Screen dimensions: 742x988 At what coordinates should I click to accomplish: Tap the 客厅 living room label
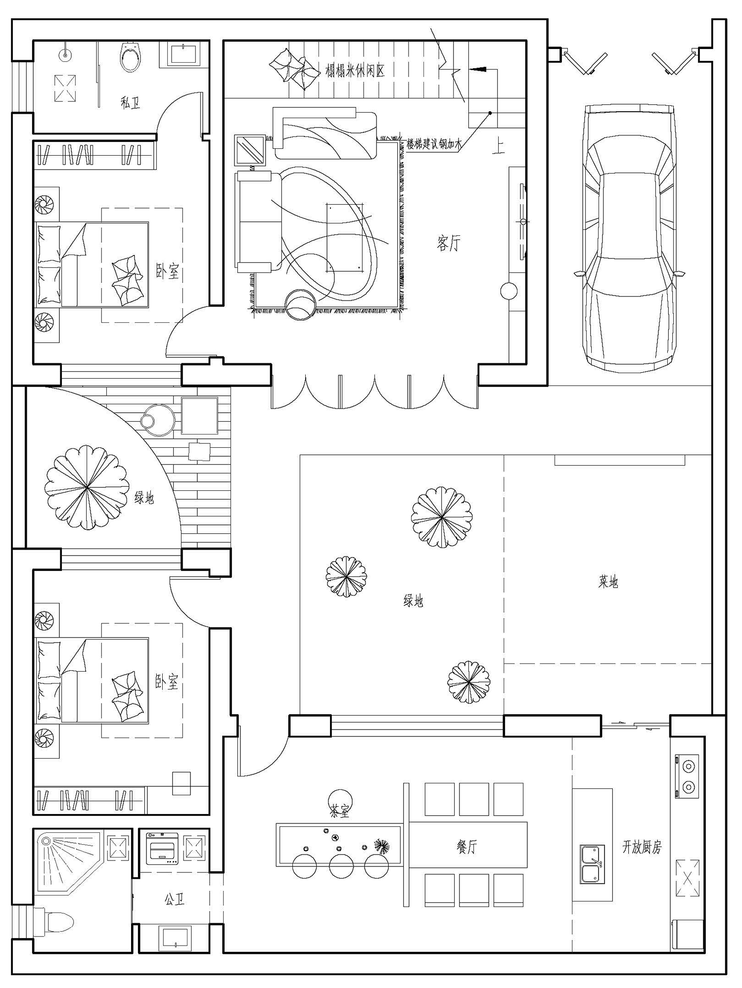pos(449,243)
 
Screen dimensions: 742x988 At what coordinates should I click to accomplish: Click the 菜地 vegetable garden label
pos(608,582)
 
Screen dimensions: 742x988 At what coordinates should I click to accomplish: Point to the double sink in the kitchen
pos(592,864)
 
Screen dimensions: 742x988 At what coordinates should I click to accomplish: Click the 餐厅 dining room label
pos(466,847)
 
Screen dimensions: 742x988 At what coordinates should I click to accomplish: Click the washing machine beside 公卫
pos(162,848)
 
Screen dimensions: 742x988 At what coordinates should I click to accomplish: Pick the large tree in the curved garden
pos(87,488)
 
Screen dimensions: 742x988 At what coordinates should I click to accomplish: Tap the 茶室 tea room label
pos(339,812)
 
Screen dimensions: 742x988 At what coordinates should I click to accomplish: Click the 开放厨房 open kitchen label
pos(642,847)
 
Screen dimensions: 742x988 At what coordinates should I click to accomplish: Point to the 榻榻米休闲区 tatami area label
pos(355,71)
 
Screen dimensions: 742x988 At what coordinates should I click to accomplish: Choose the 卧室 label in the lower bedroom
pos(167,682)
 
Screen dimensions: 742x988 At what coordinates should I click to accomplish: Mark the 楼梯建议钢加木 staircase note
pos(434,145)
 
